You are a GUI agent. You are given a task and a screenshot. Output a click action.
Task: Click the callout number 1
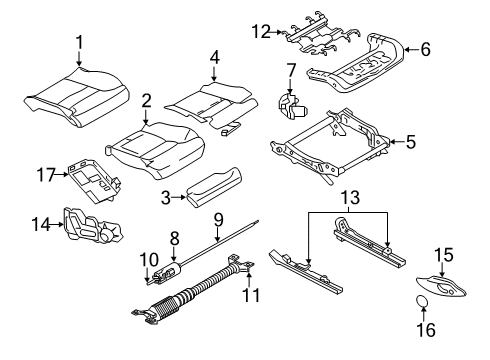(x=80, y=42)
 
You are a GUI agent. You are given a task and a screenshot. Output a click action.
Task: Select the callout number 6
(x=423, y=48)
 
